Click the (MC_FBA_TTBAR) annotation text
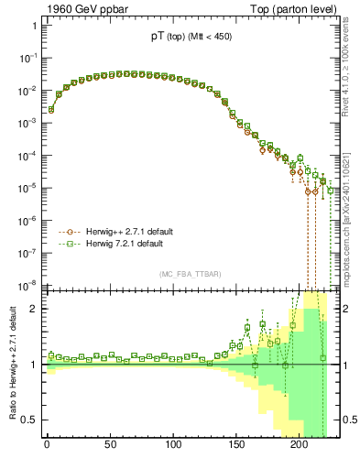(x=188, y=274)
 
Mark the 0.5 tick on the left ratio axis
(x=30, y=420)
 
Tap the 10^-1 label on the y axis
(x=27, y=57)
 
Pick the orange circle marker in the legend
(x=67, y=232)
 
